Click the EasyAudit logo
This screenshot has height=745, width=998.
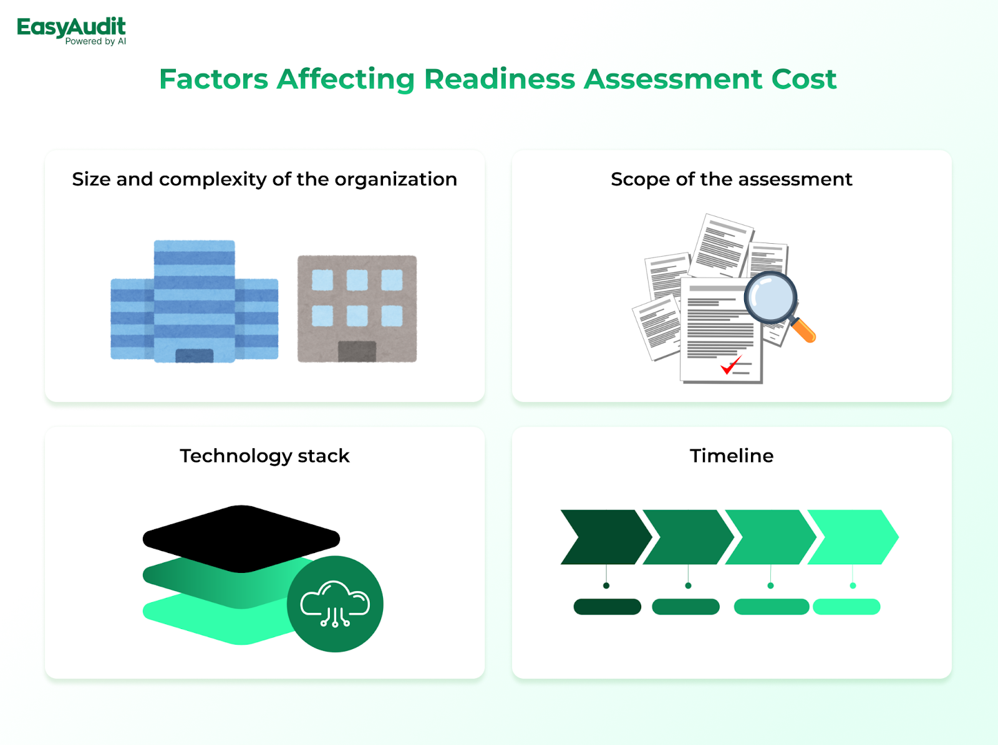(x=71, y=31)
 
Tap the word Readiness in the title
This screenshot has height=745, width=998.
(x=499, y=79)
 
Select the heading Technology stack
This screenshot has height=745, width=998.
(x=264, y=456)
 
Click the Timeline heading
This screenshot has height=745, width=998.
(x=732, y=456)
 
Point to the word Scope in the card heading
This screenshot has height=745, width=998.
(x=640, y=180)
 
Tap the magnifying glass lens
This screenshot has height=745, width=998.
(x=770, y=297)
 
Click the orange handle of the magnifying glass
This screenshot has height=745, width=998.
(x=803, y=330)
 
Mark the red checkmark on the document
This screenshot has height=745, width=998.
(x=730, y=364)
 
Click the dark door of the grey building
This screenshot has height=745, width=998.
(x=357, y=352)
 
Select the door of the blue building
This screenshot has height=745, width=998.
(x=195, y=356)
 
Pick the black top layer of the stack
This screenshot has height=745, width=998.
(x=241, y=539)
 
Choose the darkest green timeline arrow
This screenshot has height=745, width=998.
(x=606, y=537)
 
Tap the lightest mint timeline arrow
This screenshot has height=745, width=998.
(x=853, y=537)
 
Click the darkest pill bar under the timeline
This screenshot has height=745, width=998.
(x=608, y=607)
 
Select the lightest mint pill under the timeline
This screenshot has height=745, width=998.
(x=846, y=607)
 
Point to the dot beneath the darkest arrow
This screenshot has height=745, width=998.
(x=606, y=585)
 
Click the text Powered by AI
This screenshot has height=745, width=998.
(x=95, y=41)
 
